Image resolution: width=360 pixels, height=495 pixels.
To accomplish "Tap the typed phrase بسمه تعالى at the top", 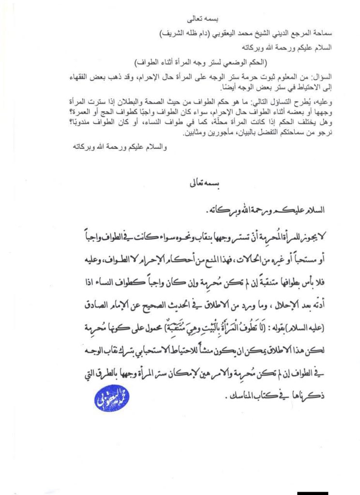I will pos(203,20).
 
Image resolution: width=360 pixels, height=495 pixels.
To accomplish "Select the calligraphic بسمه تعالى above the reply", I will pos(204,186).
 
